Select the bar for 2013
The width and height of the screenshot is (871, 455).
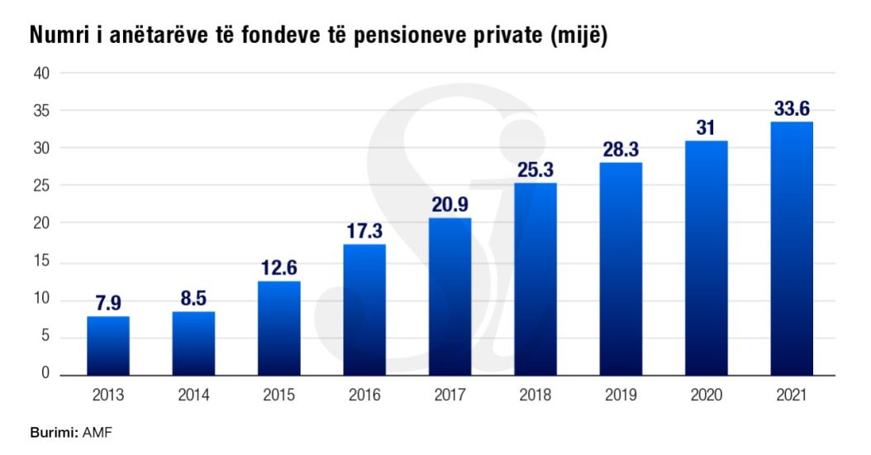(x=108, y=345)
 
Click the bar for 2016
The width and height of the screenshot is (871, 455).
(x=364, y=309)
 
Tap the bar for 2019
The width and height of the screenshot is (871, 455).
(x=621, y=268)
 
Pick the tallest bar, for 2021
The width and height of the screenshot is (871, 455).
(x=792, y=248)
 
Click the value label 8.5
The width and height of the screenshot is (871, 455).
(x=193, y=299)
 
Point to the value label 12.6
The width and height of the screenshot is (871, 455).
(x=279, y=268)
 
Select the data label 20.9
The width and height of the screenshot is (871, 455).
(x=450, y=205)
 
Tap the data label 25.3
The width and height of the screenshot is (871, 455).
(x=535, y=170)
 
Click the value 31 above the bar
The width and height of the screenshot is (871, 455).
(x=706, y=128)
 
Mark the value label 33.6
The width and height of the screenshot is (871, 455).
(x=792, y=108)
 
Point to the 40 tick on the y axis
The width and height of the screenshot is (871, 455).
(x=42, y=73)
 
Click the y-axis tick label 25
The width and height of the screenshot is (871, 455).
(x=42, y=186)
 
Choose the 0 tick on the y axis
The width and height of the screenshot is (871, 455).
(x=45, y=374)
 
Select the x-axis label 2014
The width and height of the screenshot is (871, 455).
(x=193, y=395)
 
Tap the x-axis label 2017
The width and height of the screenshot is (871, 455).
(x=450, y=395)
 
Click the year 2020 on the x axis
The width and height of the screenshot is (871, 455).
(x=706, y=395)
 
